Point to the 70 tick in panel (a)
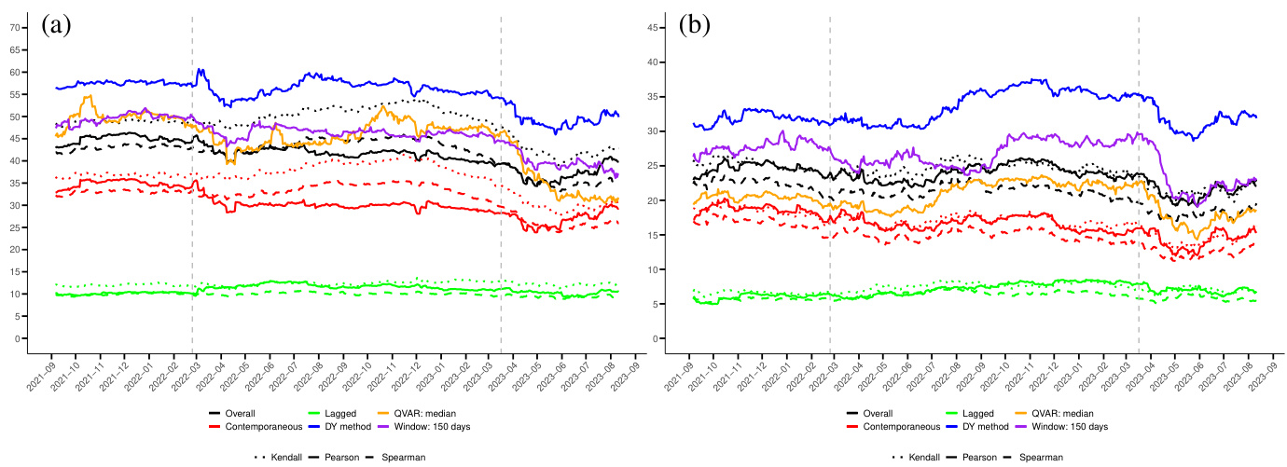click(15, 27)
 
